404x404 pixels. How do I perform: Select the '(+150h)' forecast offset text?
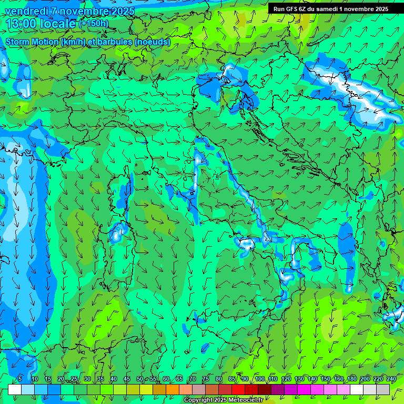pos(93,23)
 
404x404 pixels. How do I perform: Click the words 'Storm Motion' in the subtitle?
pos(32,42)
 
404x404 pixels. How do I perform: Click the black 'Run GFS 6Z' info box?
pos(330,8)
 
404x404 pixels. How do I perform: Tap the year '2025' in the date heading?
pos(120,11)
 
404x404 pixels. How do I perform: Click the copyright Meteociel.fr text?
pos(223,400)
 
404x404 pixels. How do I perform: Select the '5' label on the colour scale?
pos(20,379)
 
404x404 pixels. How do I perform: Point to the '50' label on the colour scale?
pos(139,379)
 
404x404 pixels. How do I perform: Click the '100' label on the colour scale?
pos(260,379)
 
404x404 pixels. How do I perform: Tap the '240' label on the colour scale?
pos(391,379)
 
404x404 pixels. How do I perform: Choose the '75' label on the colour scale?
pos(205,379)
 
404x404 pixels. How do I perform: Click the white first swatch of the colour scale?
pos(15,389)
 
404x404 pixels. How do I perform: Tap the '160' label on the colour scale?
pos(339,379)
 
